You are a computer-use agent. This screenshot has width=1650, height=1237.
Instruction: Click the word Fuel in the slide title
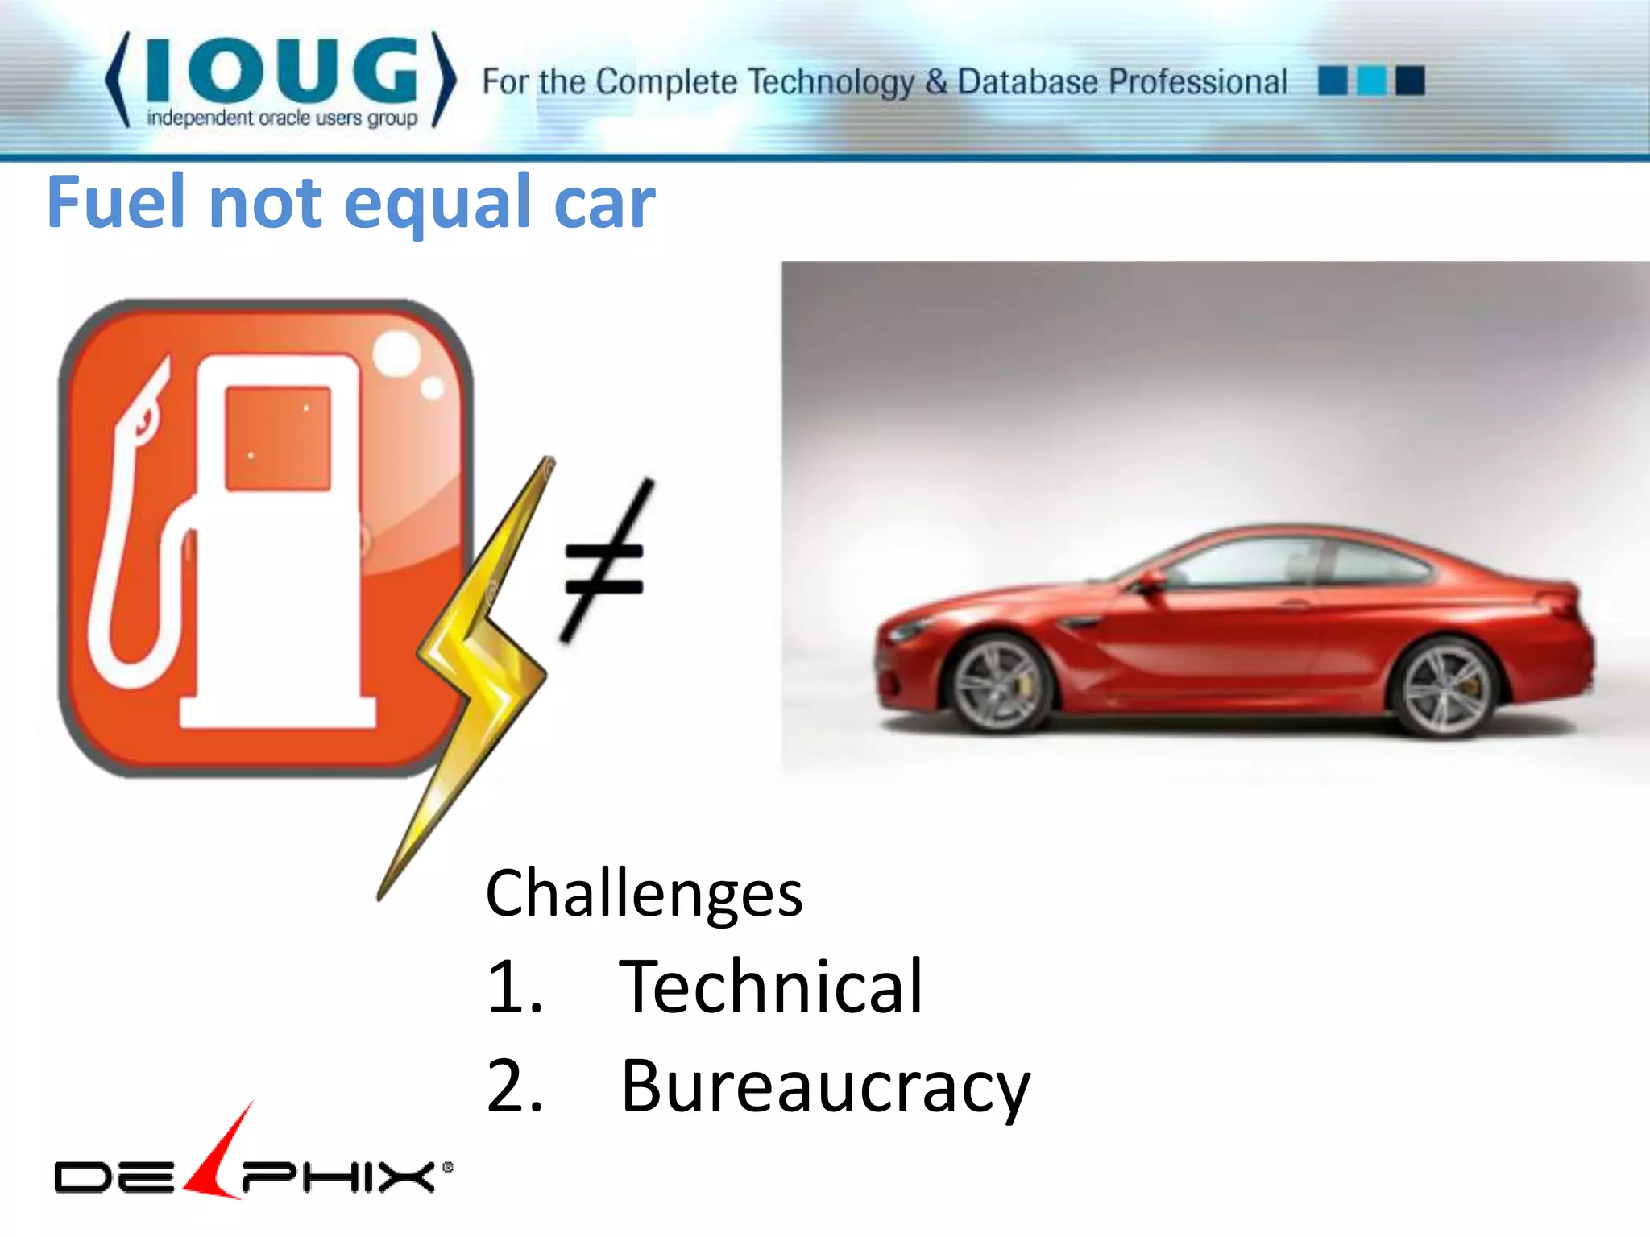pos(119,202)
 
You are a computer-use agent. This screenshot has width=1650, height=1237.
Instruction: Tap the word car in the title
pos(604,202)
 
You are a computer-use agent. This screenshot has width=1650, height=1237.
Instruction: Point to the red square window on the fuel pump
pos(278,438)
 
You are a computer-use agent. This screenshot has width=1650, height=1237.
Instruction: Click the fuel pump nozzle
pos(145,411)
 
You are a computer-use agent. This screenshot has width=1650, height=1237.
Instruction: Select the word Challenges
pos(644,894)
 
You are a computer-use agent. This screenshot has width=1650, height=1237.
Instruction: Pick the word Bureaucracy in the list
pos(825,1086)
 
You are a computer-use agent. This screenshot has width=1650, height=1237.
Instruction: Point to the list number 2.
pos(514,1086)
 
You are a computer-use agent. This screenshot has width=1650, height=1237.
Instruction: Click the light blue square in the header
pos(1371,81)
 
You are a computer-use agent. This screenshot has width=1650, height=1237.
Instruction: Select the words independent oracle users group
pos(282,118)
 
